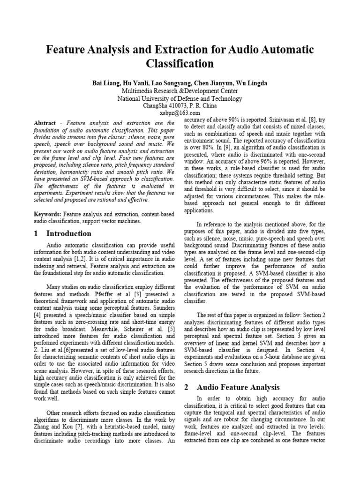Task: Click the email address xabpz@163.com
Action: coord(180,113)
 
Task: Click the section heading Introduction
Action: coord(69,233)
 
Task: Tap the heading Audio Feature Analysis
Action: coord(238,387)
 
